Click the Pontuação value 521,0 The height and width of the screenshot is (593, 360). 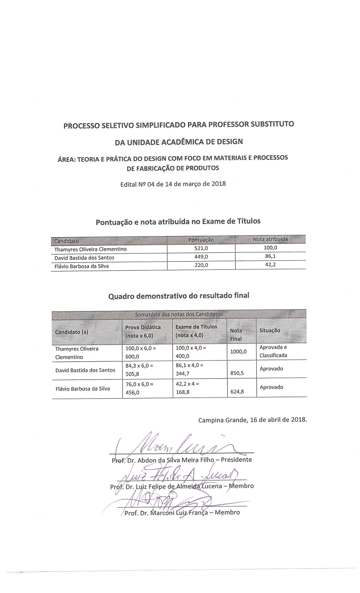[201, 248]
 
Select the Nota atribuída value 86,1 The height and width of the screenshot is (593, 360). [270, 256]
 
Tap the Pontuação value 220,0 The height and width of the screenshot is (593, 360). [201, 265]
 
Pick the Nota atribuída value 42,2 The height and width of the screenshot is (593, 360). [270, 264]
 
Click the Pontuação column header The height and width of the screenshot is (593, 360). [201, 240]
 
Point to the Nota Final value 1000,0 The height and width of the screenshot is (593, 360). [238, 352]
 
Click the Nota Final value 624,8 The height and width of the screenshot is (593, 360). [236, 391]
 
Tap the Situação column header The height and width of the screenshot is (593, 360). [270, 330]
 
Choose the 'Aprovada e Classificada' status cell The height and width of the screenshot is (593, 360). [273, 351]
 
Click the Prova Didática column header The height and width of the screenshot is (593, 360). [143, 331]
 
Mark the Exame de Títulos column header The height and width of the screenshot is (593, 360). [196, 331]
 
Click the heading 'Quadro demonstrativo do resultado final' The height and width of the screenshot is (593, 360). [179, 296]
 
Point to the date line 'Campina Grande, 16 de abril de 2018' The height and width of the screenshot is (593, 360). [252, 420]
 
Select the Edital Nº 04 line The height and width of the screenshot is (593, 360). [173, 184]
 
